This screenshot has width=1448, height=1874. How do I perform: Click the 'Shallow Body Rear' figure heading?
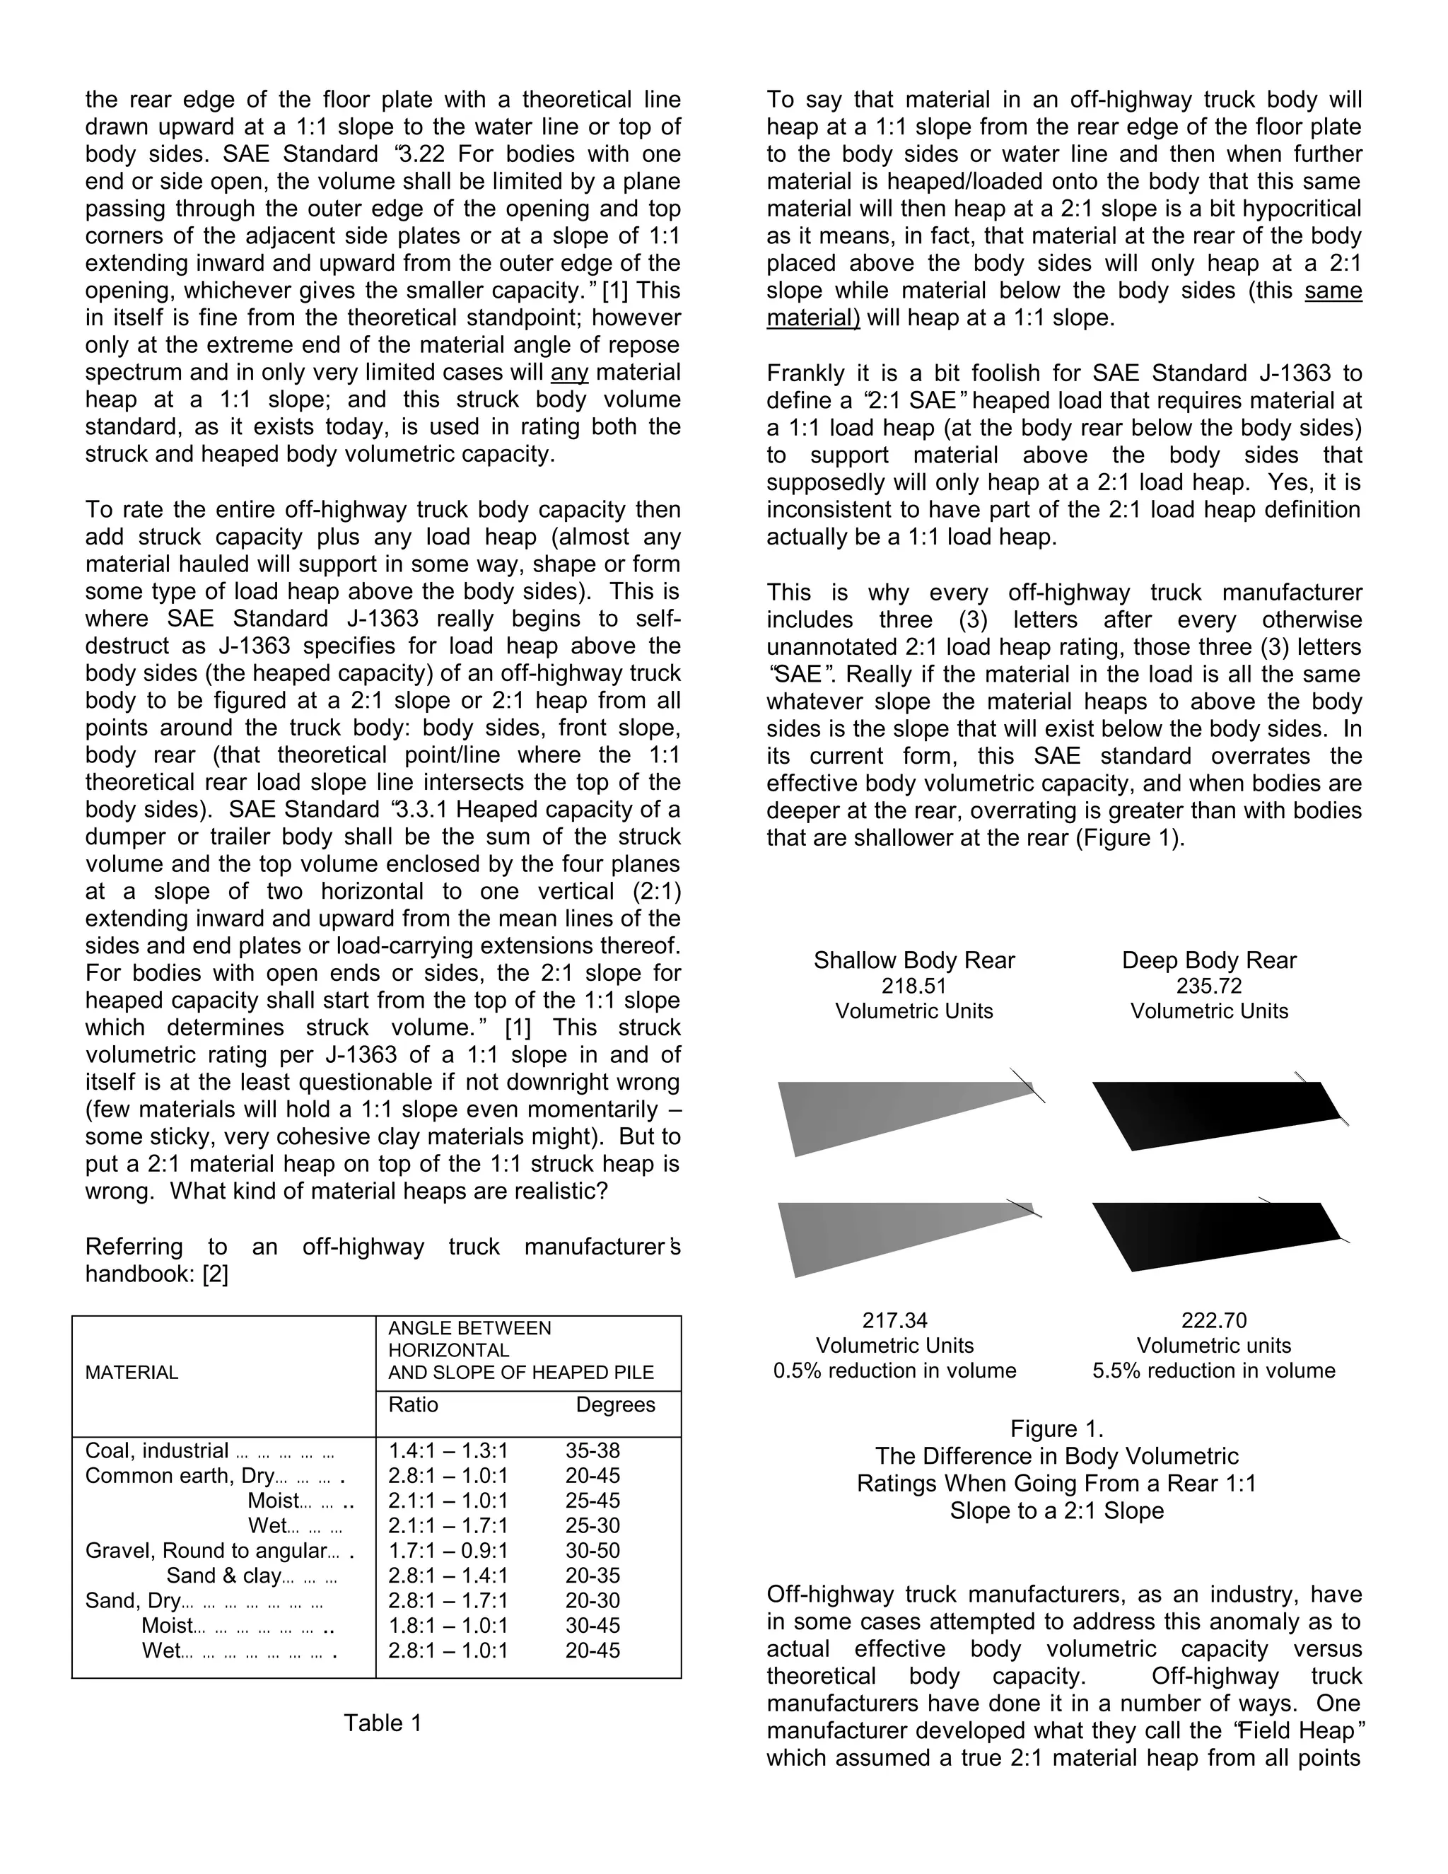pos(913,960)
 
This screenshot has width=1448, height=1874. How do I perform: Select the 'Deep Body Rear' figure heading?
pos(1208,960)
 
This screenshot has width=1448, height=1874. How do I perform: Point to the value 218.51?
pos(913,986)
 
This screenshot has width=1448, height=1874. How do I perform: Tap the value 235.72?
pos(1208,986)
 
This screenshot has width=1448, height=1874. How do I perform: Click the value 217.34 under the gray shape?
pos(894,1320)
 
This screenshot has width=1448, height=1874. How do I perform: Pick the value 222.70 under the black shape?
pos(1214,1320)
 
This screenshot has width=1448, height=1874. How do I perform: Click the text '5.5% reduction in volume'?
pos(1214,1370)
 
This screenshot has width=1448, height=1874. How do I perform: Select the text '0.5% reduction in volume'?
pos(894,1370)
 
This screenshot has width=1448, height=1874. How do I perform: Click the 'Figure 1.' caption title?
pos(1057,1428)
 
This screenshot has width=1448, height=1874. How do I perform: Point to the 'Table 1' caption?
pos(383,1723)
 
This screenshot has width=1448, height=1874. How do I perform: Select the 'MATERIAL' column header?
pos(132,1372)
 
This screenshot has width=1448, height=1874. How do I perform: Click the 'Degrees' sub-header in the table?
pos(615,1404)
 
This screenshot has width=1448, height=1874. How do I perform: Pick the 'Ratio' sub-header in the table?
pos(414,1404)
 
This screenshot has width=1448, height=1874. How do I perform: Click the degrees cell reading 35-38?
pos(592,1451)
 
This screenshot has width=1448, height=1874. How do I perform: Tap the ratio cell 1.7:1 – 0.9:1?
pos(448,1551)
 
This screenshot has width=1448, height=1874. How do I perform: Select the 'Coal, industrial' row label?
pos(157,1451)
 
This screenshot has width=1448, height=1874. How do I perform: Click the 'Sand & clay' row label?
pos(223,1576)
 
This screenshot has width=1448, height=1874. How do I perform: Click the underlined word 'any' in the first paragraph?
pos(570,373)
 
